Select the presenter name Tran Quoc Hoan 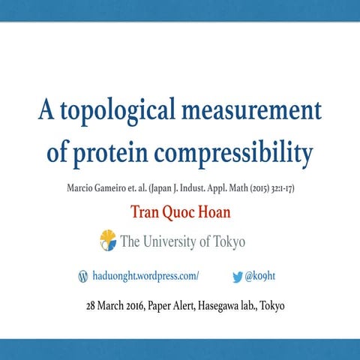tap(180, 212)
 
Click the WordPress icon tap(82, 276)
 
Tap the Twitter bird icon tap(237, 276)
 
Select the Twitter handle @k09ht tap(262, 276)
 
